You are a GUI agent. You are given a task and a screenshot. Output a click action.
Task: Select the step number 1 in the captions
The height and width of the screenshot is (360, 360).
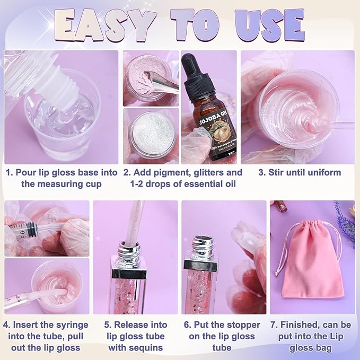[x=9, y=172]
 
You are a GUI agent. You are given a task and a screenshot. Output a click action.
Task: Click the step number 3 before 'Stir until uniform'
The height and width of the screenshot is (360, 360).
[x=262, y=172]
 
